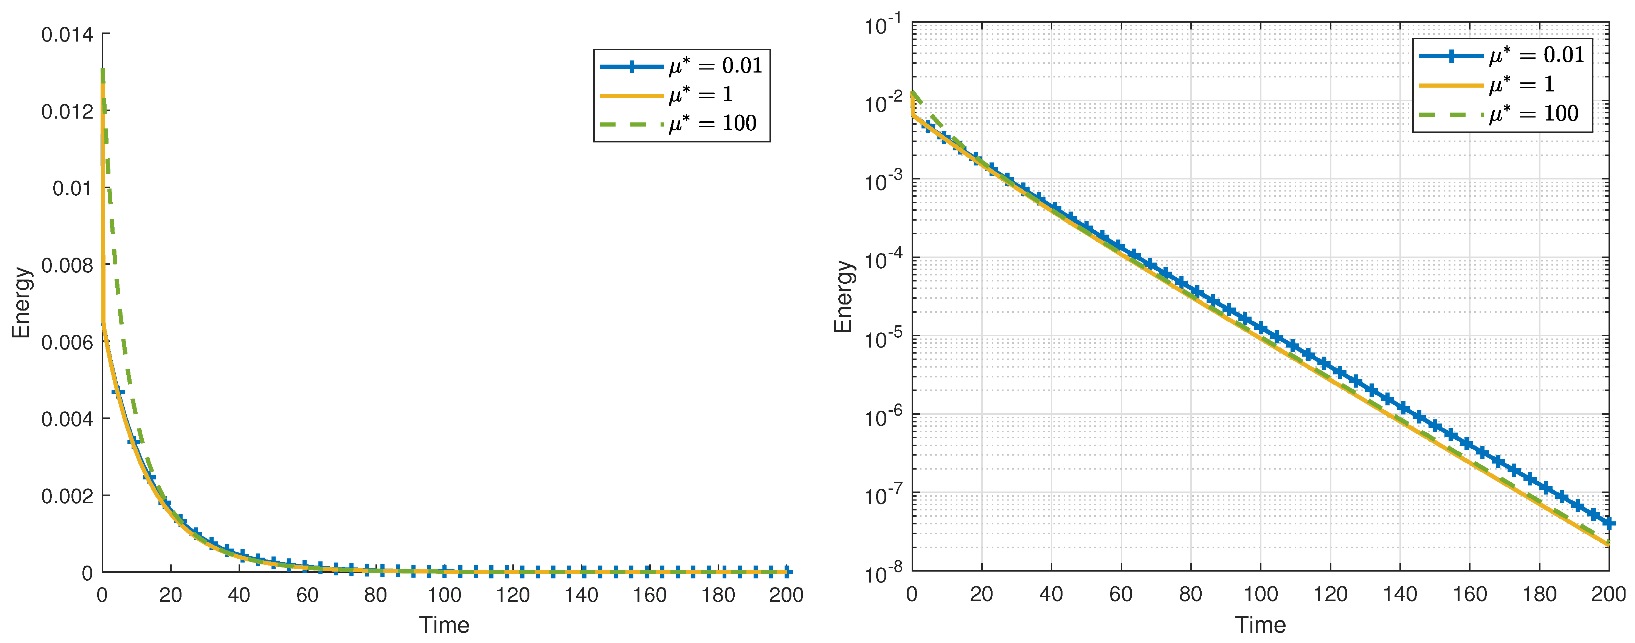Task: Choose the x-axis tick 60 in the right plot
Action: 1121,594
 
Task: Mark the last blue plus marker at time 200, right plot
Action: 1609,523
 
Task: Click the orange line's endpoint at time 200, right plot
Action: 1609,544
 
